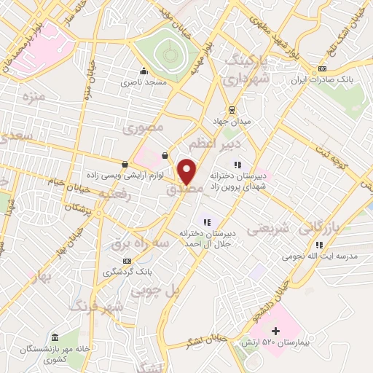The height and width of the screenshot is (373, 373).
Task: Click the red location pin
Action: pyautogui.click(x=187, y=171)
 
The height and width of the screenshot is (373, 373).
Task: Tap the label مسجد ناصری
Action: pyautogui.click(x=144, y=83)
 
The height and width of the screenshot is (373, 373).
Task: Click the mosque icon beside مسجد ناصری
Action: pyautogui.click(x=144, y=71)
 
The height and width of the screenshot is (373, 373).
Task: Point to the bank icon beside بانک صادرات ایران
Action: pyautogui.click(x=322, y=69)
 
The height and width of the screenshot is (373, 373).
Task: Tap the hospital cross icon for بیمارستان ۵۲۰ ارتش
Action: pyautogui.click(x=275, y=331)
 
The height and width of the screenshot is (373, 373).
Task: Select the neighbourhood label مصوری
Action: pyautogui.click(x=143, y=129)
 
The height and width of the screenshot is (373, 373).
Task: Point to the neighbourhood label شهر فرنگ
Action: pyautogui.click(x=96, y=308)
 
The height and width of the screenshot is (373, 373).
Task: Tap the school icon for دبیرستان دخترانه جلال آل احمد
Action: pyautogui.click(x=207, y=222)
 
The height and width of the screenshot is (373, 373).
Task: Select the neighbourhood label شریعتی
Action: pyautogui.click(x=268, y=229)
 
